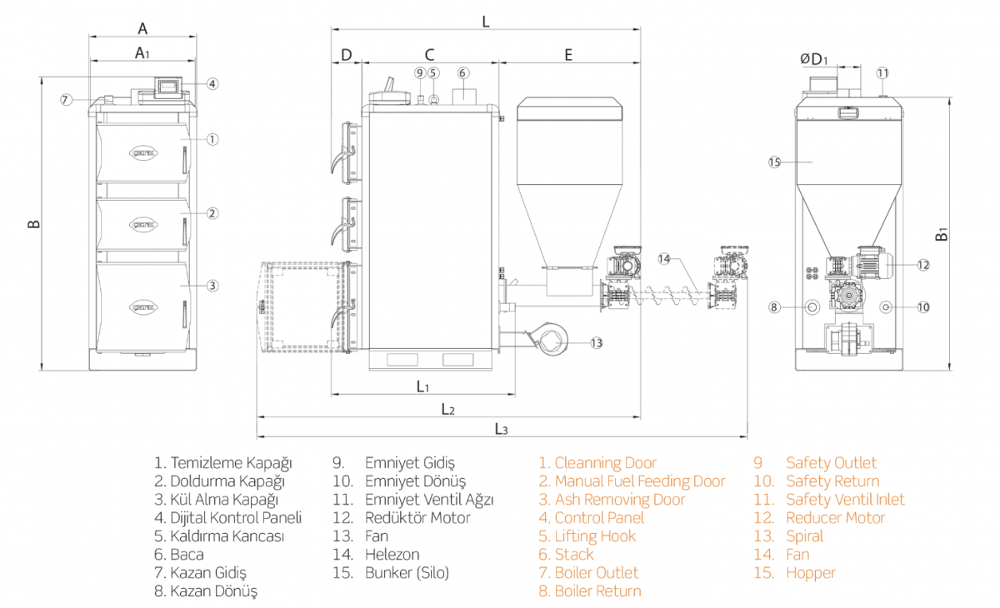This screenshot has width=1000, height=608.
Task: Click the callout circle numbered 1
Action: click(212, 139)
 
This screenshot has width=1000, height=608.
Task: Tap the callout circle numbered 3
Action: click(212, 286)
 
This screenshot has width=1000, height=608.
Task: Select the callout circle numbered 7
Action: click(66, 100)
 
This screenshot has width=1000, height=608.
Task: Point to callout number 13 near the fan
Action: click(596, 342)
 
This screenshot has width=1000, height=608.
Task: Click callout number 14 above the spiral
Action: click(664, 259)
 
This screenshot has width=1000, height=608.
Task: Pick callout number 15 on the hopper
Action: click(774, 162)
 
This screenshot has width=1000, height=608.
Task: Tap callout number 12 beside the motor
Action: click(922, 265)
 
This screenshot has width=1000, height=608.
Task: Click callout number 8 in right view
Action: click(774, 307)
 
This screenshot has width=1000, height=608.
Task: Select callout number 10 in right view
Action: click(922, 307)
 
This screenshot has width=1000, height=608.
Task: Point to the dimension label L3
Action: click(501, 429)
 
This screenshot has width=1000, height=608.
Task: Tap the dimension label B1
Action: click(942, 235)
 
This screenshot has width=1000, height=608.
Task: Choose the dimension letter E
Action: click(568, 55)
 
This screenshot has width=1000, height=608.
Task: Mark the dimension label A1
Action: click(142, 53)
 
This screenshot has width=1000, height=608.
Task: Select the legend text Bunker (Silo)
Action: click(407, 573)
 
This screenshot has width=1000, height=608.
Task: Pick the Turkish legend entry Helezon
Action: click(392, 555)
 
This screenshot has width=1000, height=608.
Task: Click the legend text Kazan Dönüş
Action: click(214, 591)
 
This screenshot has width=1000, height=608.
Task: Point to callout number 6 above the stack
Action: click(463, 72)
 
